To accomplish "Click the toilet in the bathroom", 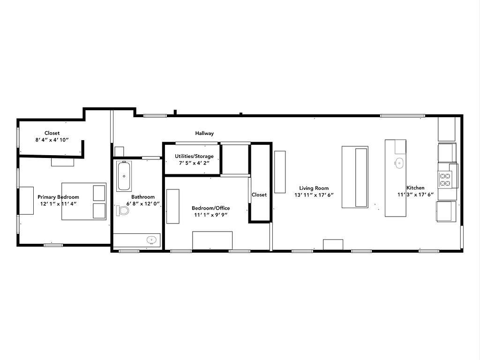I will point(123,210).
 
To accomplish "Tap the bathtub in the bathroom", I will point(124,176).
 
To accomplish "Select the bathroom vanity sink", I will point(151,240).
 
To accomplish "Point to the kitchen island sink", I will point(399,163).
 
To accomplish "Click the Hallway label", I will point(204,134).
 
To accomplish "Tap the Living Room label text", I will point(314,188).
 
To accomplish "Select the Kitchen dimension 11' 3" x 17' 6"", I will point(415,195).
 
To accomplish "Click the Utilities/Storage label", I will point(194,156).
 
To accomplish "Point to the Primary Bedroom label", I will point(58,197).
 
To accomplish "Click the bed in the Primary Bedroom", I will point(84,202).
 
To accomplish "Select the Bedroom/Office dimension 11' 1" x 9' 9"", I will point(210,215).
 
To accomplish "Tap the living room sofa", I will point(355,177).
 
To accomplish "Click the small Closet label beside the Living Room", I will point(259,195).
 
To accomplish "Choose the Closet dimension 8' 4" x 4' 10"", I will point(52,140).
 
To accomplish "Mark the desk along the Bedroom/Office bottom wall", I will point(212,240).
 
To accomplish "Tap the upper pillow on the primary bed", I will point(99,193).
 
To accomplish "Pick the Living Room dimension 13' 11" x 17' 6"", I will point(314,195).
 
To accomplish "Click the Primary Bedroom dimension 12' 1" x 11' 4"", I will point(58,204).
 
